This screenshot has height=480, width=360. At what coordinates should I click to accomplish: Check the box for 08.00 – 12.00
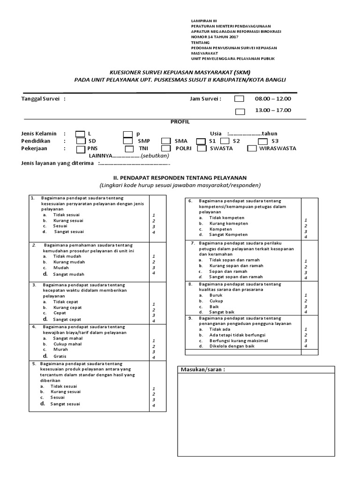click(239, 99)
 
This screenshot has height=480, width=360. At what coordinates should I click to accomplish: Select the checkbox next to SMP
click(128, 141)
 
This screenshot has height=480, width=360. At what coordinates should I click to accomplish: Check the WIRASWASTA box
click(251, 149)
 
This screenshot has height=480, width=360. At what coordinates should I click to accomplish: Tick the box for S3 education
click(262, 141)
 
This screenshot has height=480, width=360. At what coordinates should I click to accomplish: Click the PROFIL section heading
click(180, 121)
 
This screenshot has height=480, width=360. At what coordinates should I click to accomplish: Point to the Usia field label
click(216, 133)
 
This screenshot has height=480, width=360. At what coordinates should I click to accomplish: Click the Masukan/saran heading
click(202, 370)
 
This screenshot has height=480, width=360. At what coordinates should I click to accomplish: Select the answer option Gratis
click(60, 356)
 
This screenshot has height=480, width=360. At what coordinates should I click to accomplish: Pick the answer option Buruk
click(216, 295)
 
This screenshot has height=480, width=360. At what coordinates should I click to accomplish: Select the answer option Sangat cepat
click(67, 319)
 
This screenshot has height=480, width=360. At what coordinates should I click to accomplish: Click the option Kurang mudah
click(69, 262)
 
